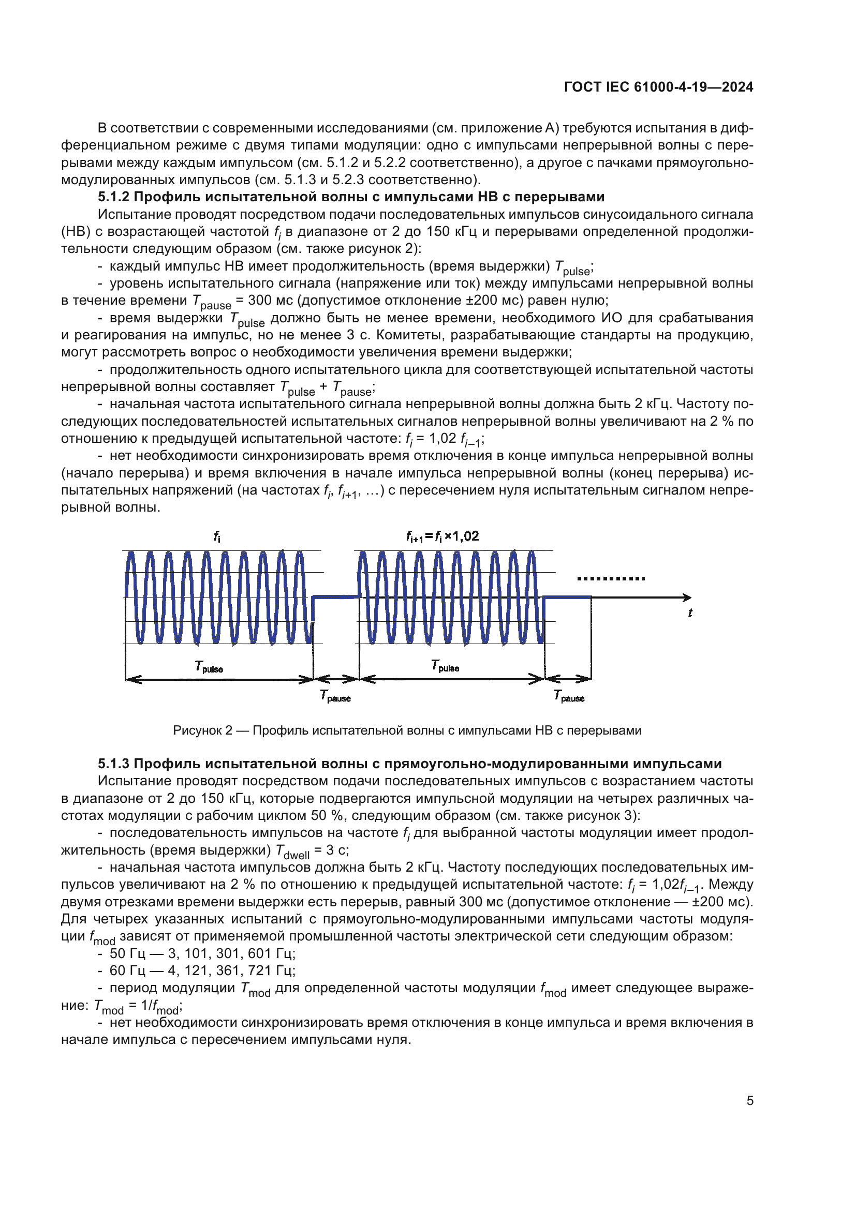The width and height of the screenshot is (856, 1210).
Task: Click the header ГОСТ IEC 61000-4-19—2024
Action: point(658,87)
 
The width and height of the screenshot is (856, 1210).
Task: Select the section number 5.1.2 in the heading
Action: point(113,197)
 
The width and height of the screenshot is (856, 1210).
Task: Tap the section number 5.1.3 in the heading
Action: point(113,764)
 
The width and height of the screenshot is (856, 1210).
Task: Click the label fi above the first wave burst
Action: point(217,536)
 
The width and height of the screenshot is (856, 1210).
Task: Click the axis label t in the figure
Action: point(689,613)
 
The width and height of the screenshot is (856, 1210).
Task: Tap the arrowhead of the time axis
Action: point(687,597)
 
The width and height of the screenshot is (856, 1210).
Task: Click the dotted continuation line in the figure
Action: point(610,579)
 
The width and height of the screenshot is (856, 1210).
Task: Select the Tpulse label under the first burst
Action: point(209,667)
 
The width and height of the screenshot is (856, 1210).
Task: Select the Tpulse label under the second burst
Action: point(445,666)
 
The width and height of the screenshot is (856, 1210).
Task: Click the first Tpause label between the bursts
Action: point(335,697)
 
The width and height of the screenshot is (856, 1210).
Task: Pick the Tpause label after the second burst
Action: point(569,697)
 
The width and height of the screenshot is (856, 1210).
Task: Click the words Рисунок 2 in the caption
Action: point(202,730)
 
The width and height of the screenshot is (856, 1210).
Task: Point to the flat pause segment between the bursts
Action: point(336,597)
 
